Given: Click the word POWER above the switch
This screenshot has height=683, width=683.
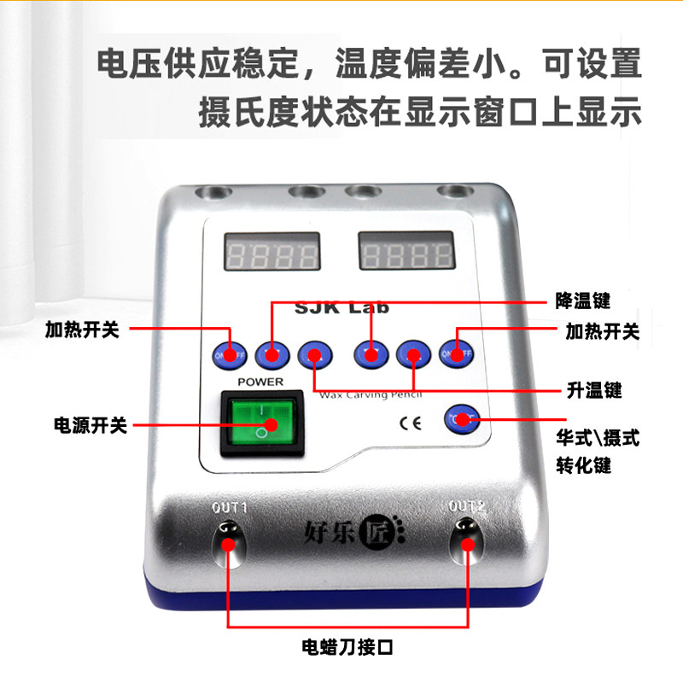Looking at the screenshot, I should pos(260,382).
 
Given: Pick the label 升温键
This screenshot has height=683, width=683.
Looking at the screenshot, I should pos(594,390).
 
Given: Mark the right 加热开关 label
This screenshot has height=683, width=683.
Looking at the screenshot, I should pos(602,331).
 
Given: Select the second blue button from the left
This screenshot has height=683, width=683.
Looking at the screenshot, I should pos(271,353).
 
